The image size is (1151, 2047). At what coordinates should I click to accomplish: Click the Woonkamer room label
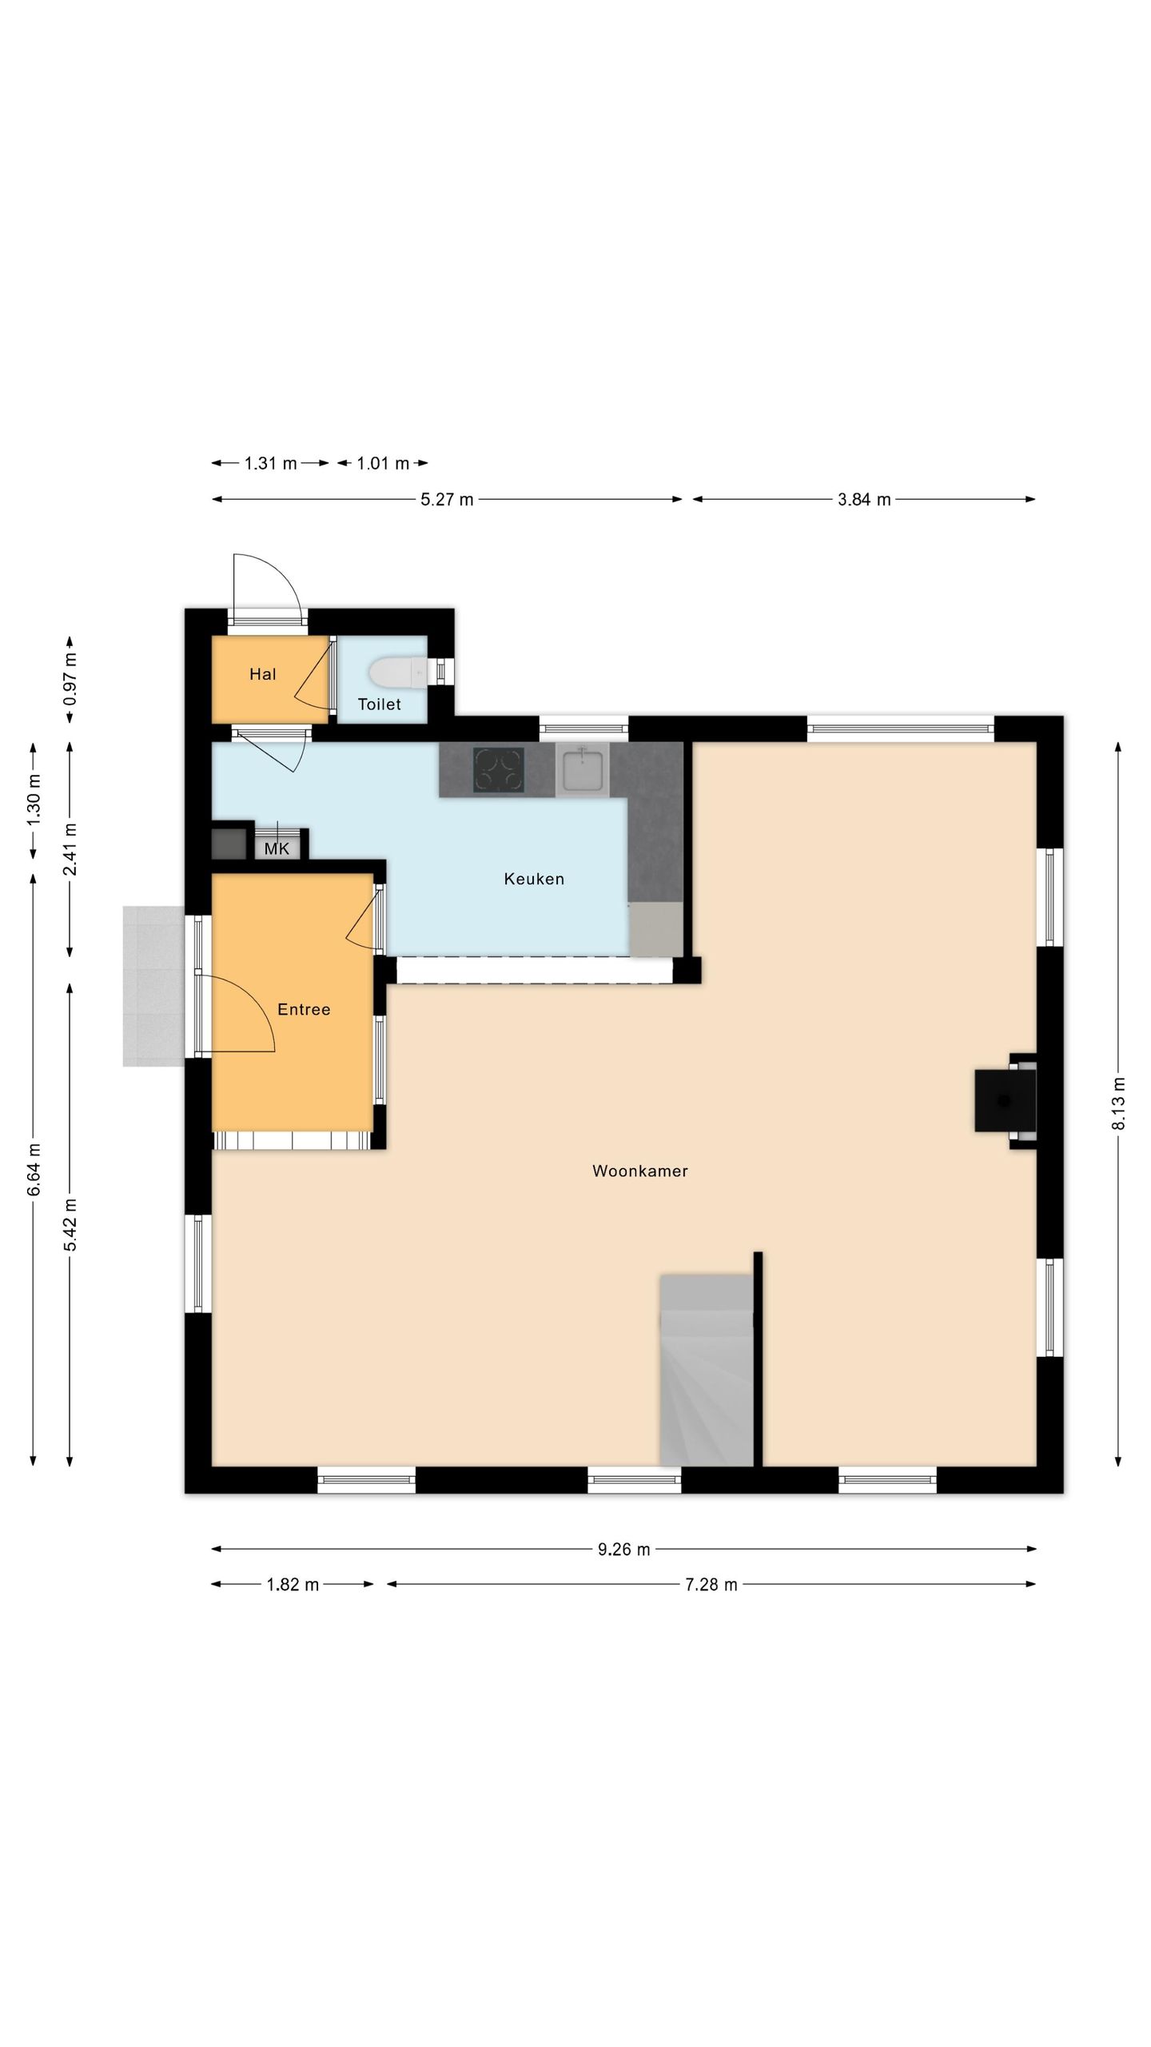point(639,1171)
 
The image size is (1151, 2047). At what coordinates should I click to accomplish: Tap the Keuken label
point(534,879)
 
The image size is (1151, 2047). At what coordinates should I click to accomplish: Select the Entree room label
point(304,1009)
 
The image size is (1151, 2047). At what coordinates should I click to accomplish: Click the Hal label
point(262,674)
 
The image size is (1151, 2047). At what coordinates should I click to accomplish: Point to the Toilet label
point(379,704)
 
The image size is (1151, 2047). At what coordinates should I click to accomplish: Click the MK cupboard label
point(277,849)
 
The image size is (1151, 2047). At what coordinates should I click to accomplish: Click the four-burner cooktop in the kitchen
point(498,769)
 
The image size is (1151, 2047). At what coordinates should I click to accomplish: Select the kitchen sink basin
point(582,769)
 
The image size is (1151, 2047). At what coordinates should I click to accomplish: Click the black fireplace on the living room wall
point(1005,1101)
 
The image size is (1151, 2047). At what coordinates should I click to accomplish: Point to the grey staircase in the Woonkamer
point(707,1370)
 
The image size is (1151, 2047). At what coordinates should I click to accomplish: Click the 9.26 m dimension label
point(624,1549)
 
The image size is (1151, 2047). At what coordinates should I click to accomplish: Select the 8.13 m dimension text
point(1118,1103)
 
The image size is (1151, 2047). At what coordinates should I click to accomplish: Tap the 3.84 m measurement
point(864,500)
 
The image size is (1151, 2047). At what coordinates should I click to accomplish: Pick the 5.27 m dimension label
point(447,500)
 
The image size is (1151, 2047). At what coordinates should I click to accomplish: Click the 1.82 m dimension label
point(293,1585)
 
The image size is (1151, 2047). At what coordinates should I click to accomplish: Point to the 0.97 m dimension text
point(70,679)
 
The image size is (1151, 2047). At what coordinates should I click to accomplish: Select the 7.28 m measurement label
point(711,1585)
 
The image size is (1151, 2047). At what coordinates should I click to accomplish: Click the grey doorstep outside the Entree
point(153,986)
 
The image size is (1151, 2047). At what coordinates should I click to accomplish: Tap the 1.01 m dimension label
point(383,463)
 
